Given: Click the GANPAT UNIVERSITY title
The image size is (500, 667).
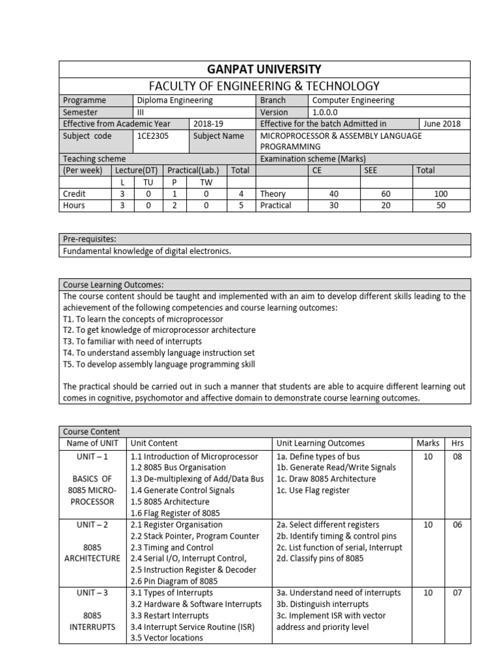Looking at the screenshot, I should (264, 69).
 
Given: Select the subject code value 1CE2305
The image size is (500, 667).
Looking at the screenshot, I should (151, 135).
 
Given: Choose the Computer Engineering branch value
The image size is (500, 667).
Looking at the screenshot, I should (353, 100).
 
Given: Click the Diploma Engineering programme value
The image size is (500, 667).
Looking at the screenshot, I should (174, 100).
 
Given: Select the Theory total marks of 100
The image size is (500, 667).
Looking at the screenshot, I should (441, 193).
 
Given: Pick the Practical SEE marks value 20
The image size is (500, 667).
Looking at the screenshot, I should (387, 205).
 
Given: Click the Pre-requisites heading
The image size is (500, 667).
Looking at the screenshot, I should (89, 239).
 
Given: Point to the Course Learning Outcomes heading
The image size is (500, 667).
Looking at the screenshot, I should (113, 285).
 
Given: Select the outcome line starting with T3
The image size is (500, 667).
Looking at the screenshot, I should (132, 341).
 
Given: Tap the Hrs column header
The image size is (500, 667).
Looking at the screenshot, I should (457, 443).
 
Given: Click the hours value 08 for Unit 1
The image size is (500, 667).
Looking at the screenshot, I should (457, 457).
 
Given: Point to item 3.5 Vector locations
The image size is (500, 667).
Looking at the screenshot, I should (167, 638).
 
